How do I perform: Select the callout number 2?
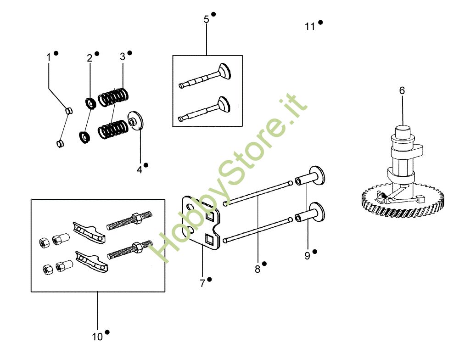pos(90,58)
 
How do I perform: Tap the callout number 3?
pos(123,56)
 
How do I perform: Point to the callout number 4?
pos(139,169)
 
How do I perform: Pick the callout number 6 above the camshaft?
pos(402,90)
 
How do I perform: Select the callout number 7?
pos(202,283)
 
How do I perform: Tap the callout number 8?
pos(257,269)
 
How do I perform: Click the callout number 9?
pos(307,256)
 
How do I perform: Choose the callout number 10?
pos(97,337)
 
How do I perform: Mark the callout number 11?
pos(310,27)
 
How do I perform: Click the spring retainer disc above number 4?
pos(136,121)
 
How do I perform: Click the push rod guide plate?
pos(202,220)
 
